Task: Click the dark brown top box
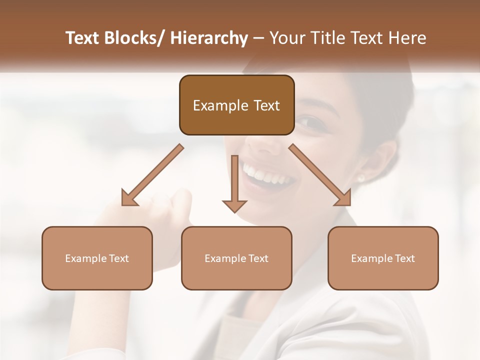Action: (x=236, y=105)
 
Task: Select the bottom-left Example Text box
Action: (x=97, y=258)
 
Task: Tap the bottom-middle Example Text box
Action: (x=236, y=258)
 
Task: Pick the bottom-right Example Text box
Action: (x=383, y=258)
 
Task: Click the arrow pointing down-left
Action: (x=152, y=175)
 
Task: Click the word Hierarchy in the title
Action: (x=209, y=38)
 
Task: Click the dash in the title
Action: (x=258, y=38)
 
